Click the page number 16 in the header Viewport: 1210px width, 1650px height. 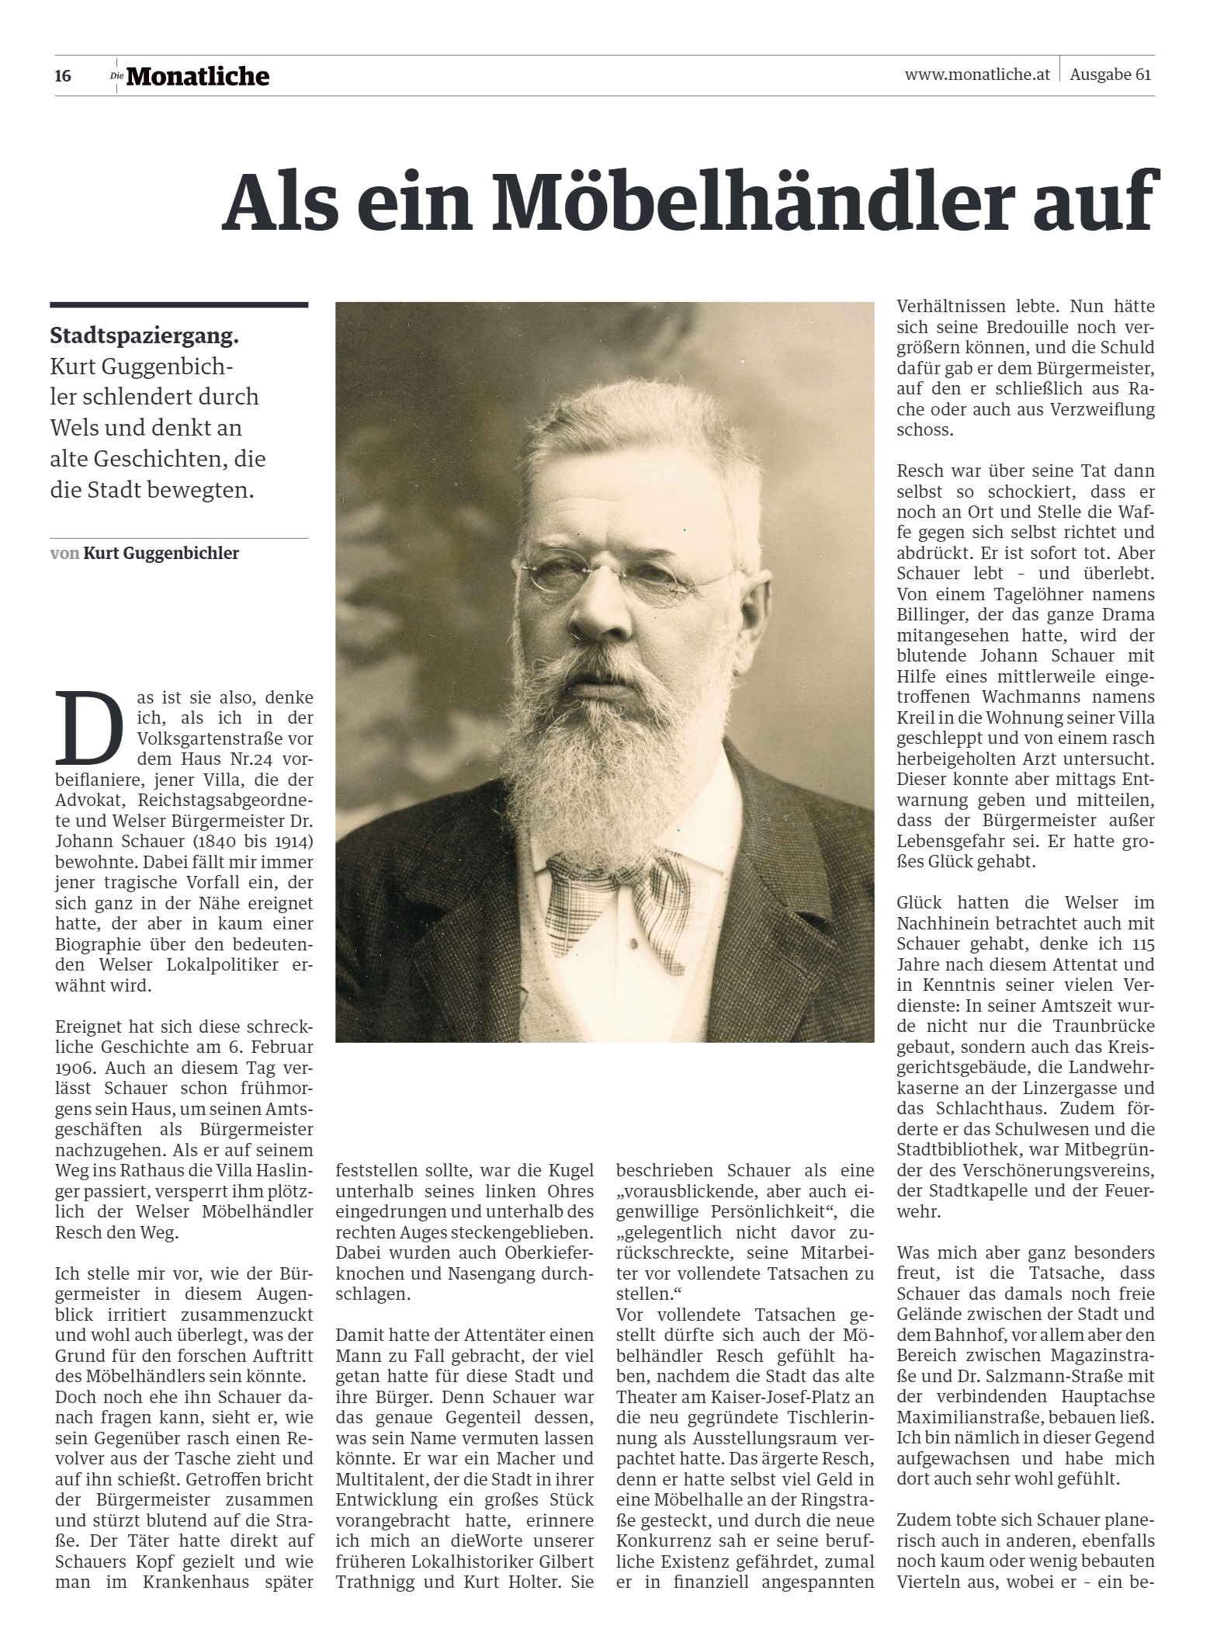(63, 76)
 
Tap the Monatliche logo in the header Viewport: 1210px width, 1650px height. (197, 76)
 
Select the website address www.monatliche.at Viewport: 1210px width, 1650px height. (977, 75)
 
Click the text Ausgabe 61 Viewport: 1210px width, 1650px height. (1110, 75)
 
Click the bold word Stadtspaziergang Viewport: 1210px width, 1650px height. (144, 336)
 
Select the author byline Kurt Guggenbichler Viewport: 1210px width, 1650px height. (161, 554)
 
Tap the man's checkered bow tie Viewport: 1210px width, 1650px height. (618, 898)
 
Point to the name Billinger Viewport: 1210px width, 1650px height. (931, 615)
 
